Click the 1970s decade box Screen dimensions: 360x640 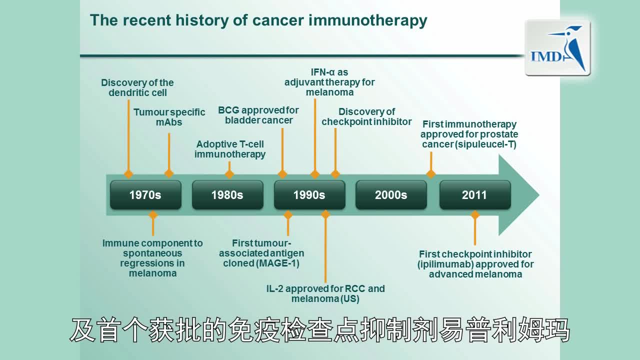[x=145, y=195]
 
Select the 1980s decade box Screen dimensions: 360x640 [x=227, y=195]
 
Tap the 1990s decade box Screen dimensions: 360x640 [x=309, y=195]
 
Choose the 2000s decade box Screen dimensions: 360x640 [x=391, y=195]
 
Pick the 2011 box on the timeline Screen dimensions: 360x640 [x=474, y=195]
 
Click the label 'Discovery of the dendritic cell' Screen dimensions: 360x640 [x=137, y=87]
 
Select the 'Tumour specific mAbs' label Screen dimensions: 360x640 [x=169, y=117]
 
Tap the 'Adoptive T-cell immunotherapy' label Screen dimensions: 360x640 [x=230, y=149]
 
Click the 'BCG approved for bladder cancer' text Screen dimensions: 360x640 [x=258, y=115]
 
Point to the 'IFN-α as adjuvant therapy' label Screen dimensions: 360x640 [x=329, y=82]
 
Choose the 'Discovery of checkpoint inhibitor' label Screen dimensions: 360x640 [x=366, y=116]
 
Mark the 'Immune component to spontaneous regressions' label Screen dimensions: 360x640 [x=152, y=258]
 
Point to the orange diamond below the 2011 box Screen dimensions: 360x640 [x=475, y=215]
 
